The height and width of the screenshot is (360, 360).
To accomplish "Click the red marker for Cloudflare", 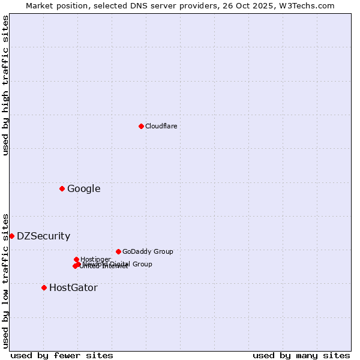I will pyautogui.click(x=141, y=126).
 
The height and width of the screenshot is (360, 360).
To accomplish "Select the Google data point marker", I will pyautogui.click(x=62, y=189).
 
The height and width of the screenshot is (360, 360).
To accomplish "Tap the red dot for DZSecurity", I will pyautogui.click(x=11, y=236).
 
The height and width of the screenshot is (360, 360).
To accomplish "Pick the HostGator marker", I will pyautogui.click(x=44, y=288).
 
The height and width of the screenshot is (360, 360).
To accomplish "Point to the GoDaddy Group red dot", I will pyautogui.click(x=118, y=252).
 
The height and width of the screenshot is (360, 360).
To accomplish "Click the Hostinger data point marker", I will pyautogui.click(x=76, y=260).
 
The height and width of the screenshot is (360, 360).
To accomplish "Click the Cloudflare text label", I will pyautogui.click(x=161, y=127).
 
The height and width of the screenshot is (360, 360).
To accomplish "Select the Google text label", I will pyautogui.click(x=83, y=189).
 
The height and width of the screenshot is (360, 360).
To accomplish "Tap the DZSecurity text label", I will pyautogui.click(x=43, y=236).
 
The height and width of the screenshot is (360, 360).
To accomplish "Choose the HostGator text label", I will pyautogui.click(x=73, y=288).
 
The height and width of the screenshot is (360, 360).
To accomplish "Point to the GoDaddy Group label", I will pyautogui.click(x=148, y=252).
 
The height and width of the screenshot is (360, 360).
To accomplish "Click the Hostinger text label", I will pyautogui.click(x=95, y=260).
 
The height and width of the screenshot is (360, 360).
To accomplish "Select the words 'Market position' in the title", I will pyautogui.click(x=52, y=5).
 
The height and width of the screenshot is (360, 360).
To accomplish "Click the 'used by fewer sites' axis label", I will pyautogui.click(x=62, y=355).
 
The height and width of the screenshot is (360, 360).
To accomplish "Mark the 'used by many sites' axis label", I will pyautogui.click(x=301, y=355).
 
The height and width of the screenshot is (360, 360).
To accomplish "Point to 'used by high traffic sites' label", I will pyautogui.click(x=5, y=86).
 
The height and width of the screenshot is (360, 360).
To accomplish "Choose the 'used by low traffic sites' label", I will pyautogui.click(x=5, y=280).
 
